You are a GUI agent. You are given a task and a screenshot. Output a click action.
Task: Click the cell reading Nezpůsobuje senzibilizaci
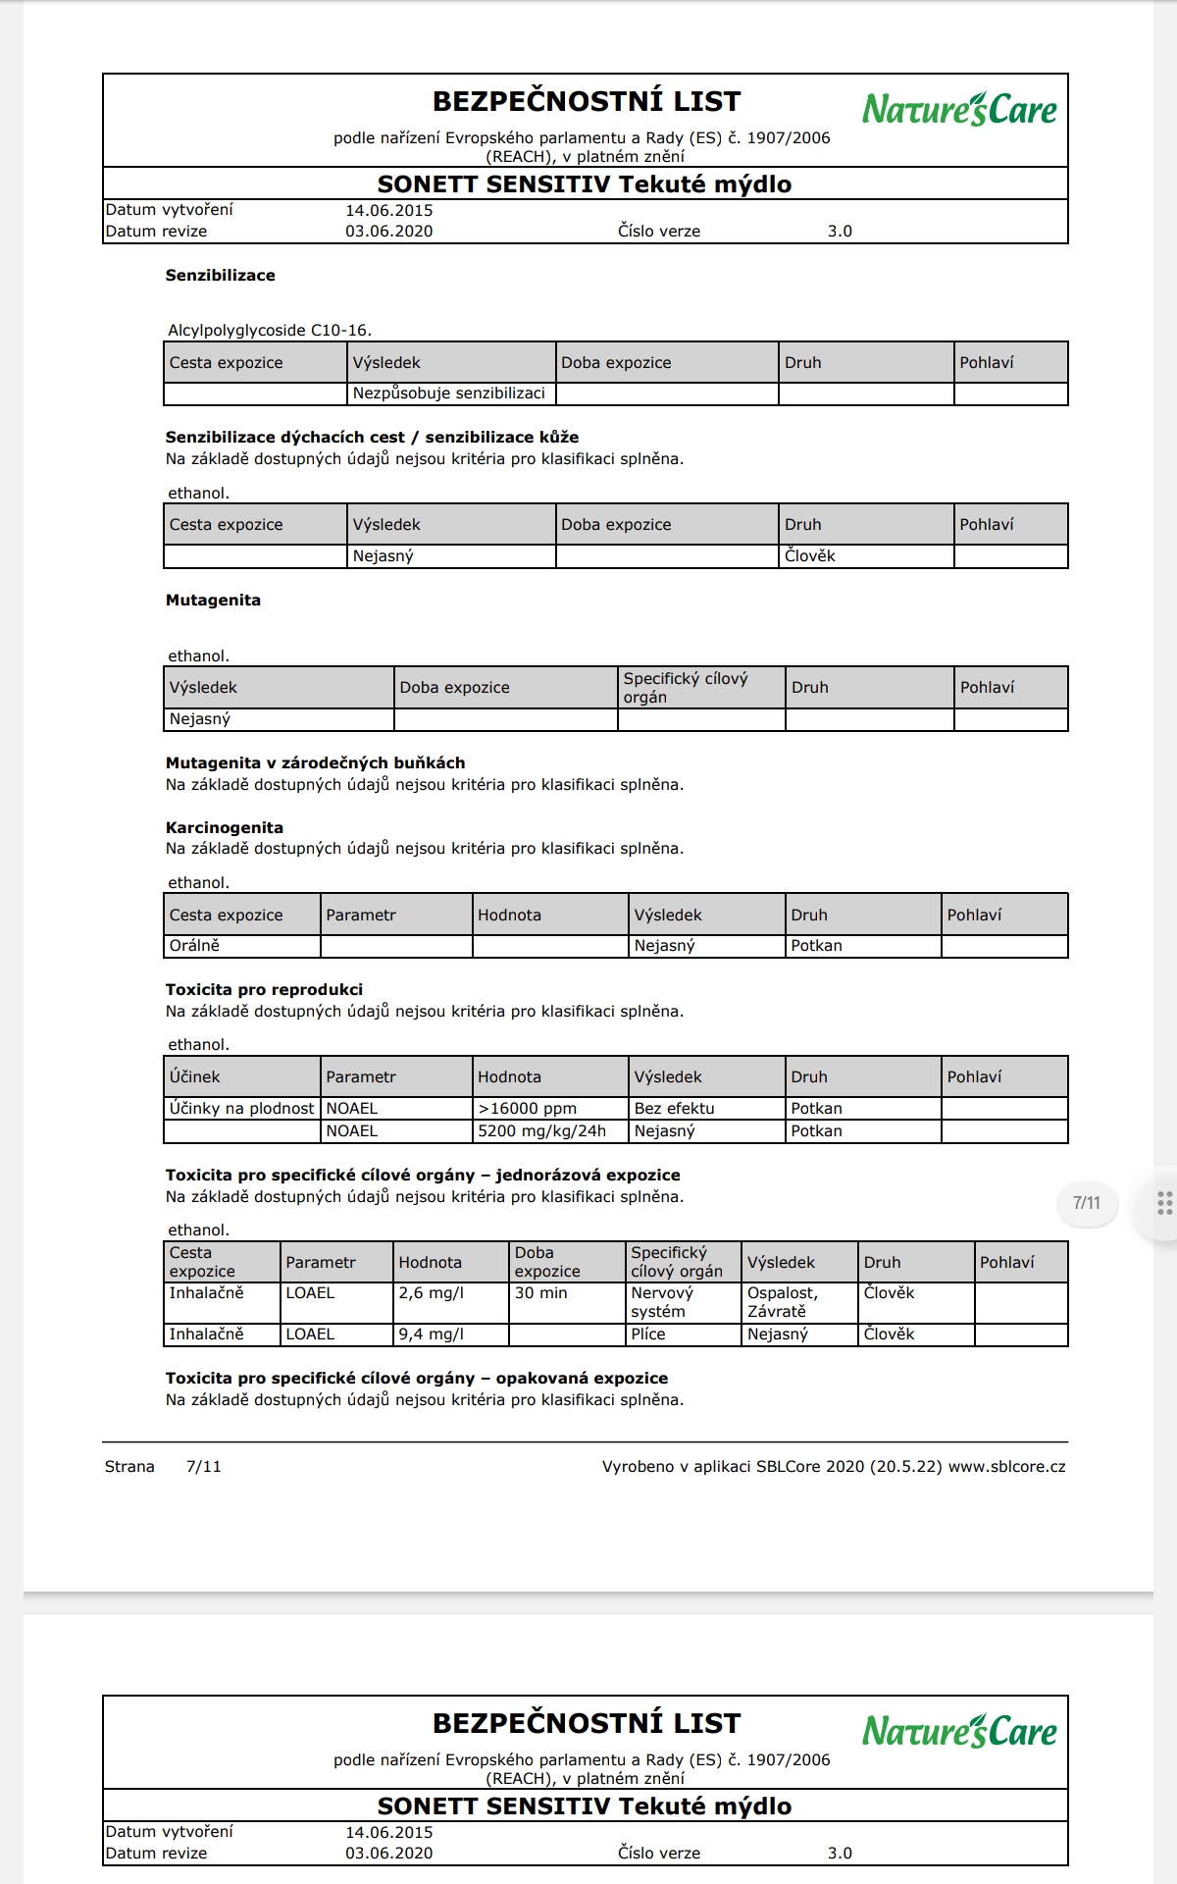point(449,393)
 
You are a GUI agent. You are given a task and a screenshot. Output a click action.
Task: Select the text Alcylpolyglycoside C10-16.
point(270,331)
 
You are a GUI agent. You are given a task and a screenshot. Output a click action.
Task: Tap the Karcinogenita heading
point(225,827)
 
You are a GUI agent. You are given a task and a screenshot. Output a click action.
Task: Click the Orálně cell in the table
point(194,946)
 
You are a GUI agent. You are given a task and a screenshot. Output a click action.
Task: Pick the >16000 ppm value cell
point(528,1108)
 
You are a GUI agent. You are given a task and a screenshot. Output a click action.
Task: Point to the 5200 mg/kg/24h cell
point(542,1131)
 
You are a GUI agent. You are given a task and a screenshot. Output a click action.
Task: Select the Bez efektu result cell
point(675,1108)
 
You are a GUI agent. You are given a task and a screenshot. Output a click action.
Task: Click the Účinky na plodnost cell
point(241,1108)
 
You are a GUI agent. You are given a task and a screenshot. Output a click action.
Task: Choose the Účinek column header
point(195,1076)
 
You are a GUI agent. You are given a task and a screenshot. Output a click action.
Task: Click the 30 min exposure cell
point(541,1293)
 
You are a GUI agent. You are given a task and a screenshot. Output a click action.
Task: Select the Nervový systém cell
point(662,1302)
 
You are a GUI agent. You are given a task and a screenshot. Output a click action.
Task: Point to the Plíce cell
point(648,1334)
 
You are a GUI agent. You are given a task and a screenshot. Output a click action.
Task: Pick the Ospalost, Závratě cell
point(783,1302)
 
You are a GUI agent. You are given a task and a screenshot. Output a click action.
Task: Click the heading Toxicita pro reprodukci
point(264,989)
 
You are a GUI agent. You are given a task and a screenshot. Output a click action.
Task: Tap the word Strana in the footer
point(129,1467)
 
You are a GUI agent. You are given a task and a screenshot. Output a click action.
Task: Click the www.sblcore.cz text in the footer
point(1007,1467)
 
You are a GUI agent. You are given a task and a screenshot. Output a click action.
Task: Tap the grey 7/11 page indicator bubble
point(1087,1203)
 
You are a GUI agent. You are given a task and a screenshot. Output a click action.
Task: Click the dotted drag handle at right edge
point(1164,1203)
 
